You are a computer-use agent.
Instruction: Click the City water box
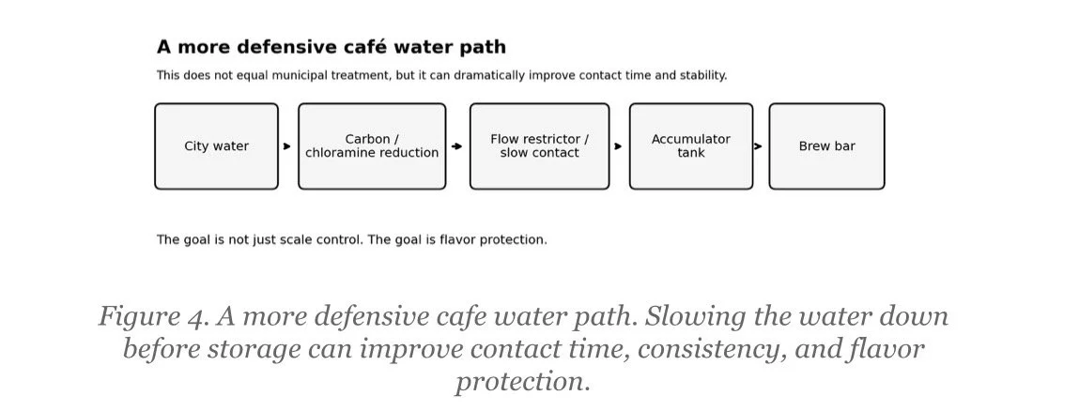pos(216,146)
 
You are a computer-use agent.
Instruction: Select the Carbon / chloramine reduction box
pos(372,146)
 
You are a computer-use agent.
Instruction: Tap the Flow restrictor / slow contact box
pos(539,146)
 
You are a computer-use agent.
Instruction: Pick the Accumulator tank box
pos(690,146)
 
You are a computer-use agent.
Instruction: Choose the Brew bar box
pos(826,146)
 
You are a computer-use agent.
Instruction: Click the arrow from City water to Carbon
pos(287,146)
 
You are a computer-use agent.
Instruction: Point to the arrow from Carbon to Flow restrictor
pos(456,146)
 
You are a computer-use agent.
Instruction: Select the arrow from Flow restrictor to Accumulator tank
pos(618,146)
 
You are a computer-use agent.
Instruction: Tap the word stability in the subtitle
pos(701,75)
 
